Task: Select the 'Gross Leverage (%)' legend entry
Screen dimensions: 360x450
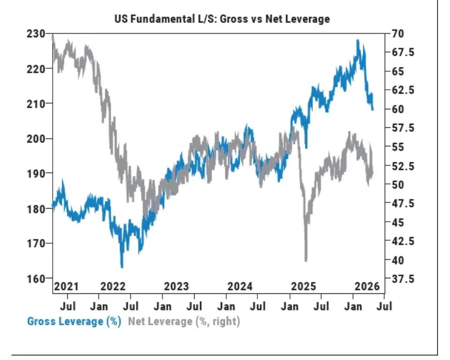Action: [74, 321]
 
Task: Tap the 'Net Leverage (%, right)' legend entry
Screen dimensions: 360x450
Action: [184, 321]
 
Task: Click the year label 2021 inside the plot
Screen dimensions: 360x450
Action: [66, 286]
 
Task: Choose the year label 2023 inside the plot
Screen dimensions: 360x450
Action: [177, 286]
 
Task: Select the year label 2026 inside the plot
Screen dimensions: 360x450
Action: [367, 286]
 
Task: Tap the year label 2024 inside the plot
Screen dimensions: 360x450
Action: [240, 286]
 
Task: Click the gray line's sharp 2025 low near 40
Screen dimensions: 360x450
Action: [306, 260]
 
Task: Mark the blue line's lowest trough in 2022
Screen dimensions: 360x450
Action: [122, 267]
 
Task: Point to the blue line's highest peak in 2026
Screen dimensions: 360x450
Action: [358, 41]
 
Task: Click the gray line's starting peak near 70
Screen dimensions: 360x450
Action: [53, 36]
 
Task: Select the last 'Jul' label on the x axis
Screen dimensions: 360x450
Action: [384, 305]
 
